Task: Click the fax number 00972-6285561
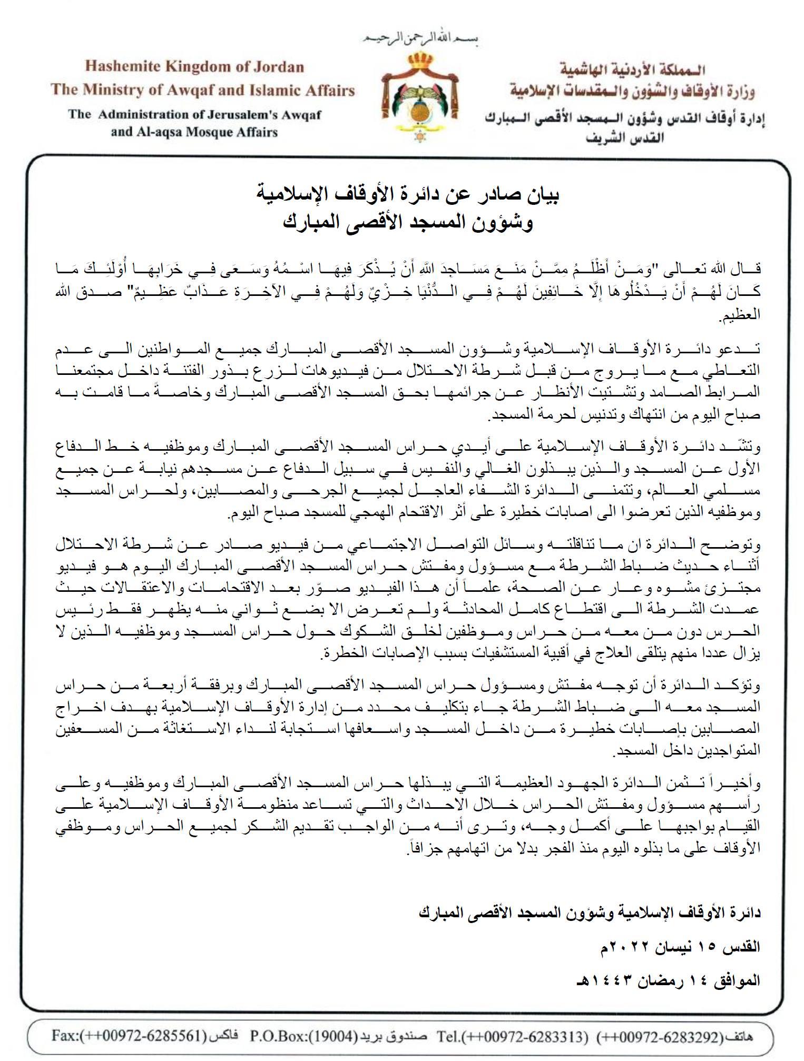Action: click(x=144, y=1036)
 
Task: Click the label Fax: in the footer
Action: click(x=65, y=1036)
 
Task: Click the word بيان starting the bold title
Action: click(x=543, y=195)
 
